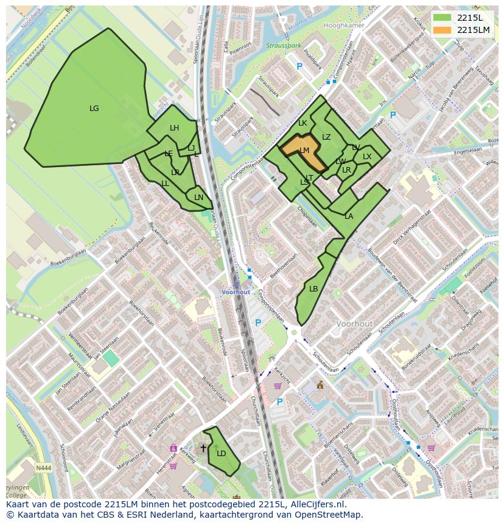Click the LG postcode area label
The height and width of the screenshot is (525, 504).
click(94, 109)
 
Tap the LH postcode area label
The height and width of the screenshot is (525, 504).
click(175, 128)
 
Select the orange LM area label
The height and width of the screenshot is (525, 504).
click(304, 150)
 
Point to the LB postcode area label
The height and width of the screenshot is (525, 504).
click(313, 289)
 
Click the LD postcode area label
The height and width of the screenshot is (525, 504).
click(221, 453)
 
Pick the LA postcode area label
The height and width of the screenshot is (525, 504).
click(349, 216)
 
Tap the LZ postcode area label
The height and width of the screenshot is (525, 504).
click(326, 137)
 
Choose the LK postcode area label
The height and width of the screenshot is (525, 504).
click(303, 123)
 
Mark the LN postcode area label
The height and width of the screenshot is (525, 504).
click(198, 198)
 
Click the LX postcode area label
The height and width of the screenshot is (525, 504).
click(367, 157)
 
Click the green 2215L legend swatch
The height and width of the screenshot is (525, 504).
click(443, 18)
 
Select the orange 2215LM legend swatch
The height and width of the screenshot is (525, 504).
click(443, 30)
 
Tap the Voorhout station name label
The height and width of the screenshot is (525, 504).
click(236, 292)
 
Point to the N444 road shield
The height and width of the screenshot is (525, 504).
click(43, 467)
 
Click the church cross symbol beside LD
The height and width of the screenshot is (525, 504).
click(203, 448)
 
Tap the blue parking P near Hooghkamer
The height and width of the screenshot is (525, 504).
click(299, 66)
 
